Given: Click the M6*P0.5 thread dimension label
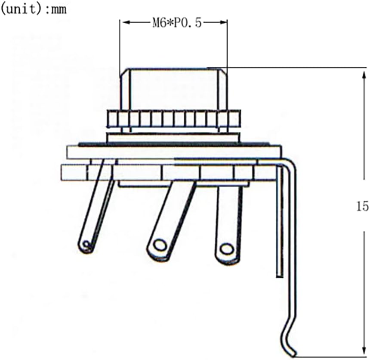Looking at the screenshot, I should coord(176,23).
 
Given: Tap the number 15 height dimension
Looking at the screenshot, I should coord(362,206).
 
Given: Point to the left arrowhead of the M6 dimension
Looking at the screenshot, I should coord(124,22).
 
